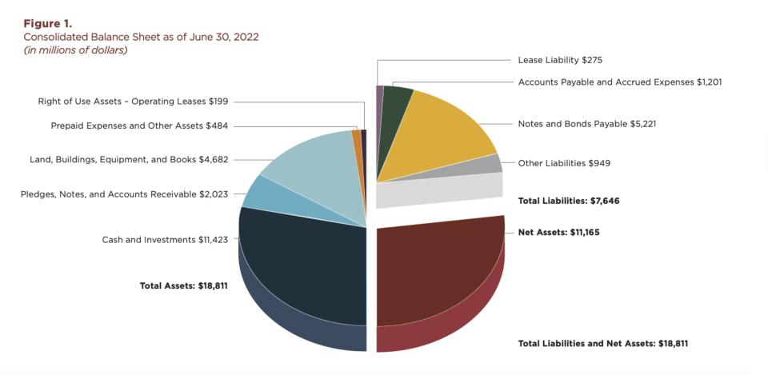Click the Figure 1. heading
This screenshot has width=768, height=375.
(47, 23)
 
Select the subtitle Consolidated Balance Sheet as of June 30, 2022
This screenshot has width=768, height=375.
(141, 37)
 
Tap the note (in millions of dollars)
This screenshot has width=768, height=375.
(75, 50)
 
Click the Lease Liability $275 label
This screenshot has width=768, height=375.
(565, 60)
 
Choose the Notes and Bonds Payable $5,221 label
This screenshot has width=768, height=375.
(587, 124)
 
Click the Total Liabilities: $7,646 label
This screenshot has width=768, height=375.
(569, 201)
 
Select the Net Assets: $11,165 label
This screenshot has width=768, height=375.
(558, 232)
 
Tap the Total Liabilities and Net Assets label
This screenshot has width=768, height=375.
(603, 343)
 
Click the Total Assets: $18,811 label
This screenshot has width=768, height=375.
(184, 285)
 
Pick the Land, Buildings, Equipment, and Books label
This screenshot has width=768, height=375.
(129, 159)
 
